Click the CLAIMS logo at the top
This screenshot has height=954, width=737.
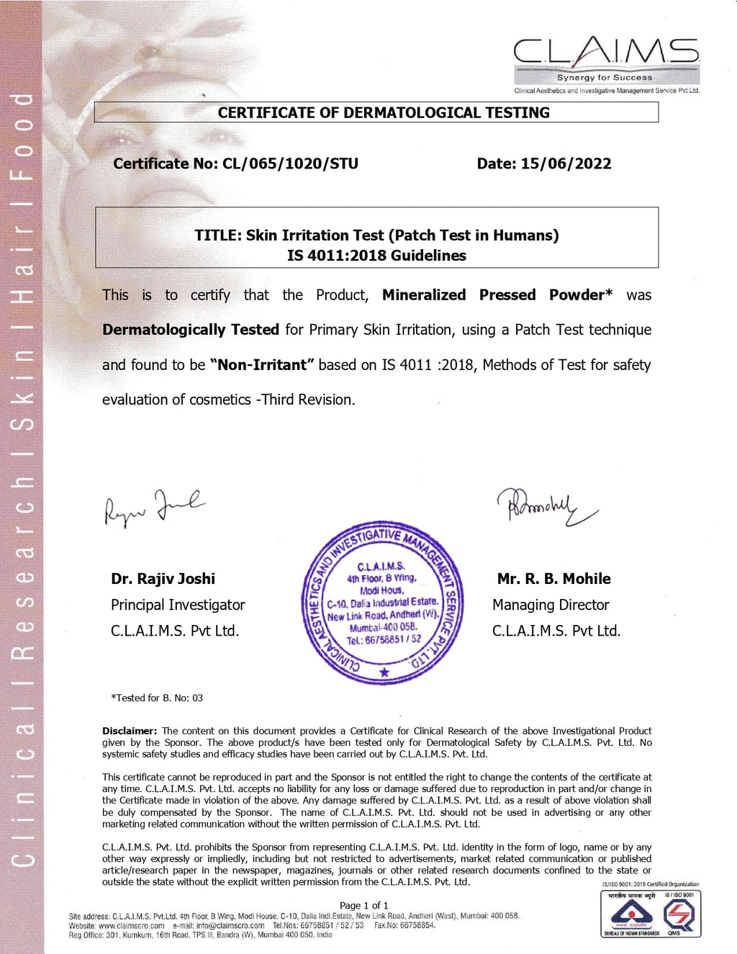point(606,60)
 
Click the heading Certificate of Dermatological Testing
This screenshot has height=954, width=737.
point(384,112)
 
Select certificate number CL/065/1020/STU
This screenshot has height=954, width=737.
point(290,163)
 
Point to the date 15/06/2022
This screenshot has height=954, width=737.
point(566,163)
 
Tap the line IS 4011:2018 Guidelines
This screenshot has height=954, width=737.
point(376,256)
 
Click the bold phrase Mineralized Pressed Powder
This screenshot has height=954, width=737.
point(497,295)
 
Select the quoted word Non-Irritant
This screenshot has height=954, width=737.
point(262,365)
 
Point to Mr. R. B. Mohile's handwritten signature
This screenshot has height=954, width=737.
point(546,505)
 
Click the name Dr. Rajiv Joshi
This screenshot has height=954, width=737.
point(163,579)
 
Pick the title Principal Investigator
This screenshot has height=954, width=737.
point(178,605)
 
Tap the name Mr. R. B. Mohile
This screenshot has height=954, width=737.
point(553,579)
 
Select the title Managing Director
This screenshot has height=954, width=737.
point(551,605)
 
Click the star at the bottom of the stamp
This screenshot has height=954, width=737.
point(384,672)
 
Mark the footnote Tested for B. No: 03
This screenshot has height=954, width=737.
point(157,698)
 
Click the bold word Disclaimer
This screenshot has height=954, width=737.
point(130,731)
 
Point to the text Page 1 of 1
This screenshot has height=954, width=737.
point(363,905)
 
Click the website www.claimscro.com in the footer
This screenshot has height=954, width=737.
point(132,925)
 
